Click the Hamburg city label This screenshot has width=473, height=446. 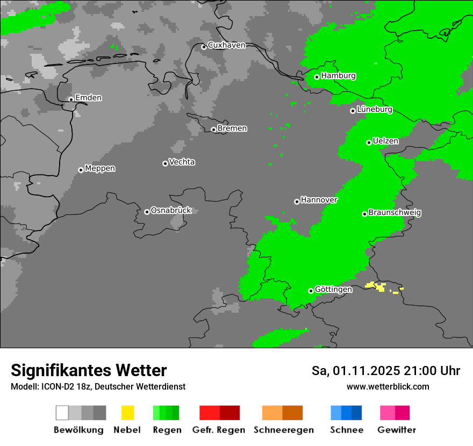pos(338,76)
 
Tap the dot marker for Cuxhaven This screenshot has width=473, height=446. pos(204,47)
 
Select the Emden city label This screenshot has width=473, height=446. pos(88,98)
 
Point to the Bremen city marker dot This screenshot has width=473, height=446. pos(213,129)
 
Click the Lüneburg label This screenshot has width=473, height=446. pos(374,110)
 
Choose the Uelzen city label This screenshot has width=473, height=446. pos(385,141)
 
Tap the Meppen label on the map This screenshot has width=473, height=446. pos(100,169)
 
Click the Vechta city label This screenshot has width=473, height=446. pos(182,162)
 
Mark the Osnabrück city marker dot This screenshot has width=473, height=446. pos(147,212)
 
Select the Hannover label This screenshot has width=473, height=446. pos(319,200)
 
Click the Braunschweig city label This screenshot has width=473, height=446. pos(395,213)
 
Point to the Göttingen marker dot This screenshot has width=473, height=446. pos(311,291)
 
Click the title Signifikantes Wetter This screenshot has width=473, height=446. pos(89,371)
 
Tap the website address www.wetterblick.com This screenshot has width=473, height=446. pos(388,387)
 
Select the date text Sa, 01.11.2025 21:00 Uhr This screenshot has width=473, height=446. pos(385,371)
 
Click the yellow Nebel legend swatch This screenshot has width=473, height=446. pos(127,413)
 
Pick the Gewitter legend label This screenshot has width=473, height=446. pos(396,430)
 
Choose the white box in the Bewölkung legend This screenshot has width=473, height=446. pos(62,413)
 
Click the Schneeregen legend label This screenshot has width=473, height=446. pos(283,430)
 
